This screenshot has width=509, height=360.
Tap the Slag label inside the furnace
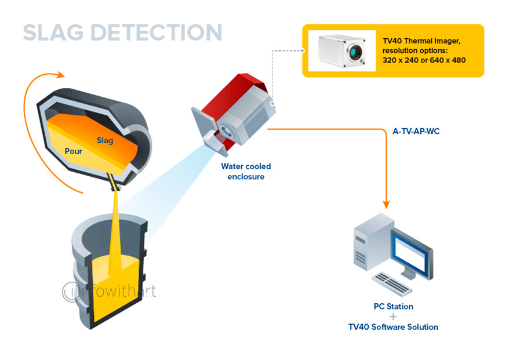[x=106, y=140]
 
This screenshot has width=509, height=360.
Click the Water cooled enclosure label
[x=246, y=171]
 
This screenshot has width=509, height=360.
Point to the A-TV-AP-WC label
[x=416, y=132]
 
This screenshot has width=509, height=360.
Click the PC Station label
[x=393, y=306]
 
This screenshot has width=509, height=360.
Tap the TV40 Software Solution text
[x=393, y=327]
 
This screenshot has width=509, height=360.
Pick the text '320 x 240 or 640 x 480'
[x=424, y=60]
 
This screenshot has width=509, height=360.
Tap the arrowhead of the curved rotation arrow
[x=60, y=75]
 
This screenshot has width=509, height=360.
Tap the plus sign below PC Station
[x=393, y=317]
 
